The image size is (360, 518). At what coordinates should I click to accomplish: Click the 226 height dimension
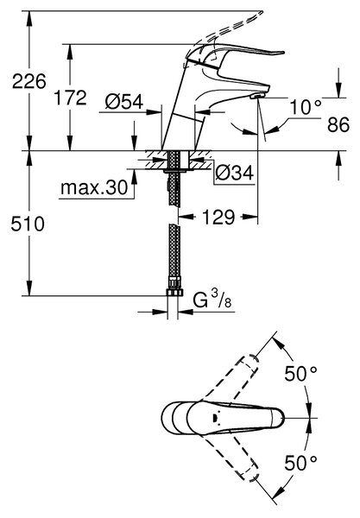point(29,81)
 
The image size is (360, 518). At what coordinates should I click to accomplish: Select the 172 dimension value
point(70,98)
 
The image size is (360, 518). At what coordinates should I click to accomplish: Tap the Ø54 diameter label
point(124,101)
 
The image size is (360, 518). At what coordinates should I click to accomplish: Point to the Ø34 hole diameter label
point(235,173)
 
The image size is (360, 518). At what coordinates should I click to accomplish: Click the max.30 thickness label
point(94,188)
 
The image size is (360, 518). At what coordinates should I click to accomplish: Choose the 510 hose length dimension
point(28,224)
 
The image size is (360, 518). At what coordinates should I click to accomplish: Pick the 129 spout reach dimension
point(218,217)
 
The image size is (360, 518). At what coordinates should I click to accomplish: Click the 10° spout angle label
point(305,107)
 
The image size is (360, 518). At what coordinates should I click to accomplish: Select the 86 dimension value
point(338,125)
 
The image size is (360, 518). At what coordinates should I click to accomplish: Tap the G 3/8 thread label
point(212,300)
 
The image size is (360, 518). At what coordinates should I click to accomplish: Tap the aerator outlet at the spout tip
point(258,96)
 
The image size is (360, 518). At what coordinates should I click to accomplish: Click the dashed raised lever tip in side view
point(258,15)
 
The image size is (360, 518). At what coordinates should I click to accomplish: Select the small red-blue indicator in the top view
point(216,418)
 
